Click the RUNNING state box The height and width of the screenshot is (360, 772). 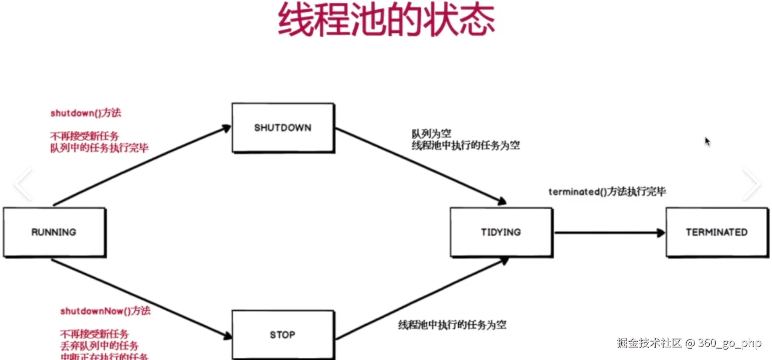(x=54, y=232)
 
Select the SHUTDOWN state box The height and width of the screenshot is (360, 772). (x=283, y=128)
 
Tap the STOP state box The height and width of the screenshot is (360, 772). (x=283, y=335)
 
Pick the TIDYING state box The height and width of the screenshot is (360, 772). (x=501, y=232)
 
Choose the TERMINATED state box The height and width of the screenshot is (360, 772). (x=716, y=232)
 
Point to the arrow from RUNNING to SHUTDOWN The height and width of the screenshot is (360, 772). (x=142, y=166)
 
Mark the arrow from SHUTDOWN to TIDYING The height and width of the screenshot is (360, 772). (x=420, y=165)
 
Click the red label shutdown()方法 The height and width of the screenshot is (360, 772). (x=86, y=113)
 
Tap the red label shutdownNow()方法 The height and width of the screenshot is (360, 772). (x=105, y=311)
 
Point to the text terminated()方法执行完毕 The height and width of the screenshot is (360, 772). (x=607, y=192)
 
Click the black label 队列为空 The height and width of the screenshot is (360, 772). (x=431, y=134)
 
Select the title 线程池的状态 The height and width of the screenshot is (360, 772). (x=386, y=20)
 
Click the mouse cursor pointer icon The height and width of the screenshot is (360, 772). (x=707, y=142)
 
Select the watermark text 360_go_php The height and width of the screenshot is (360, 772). (x=730, y=343)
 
